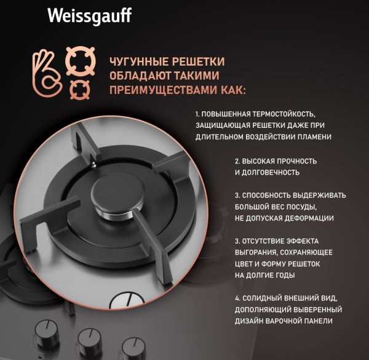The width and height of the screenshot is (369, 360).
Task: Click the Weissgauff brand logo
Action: (90, 16)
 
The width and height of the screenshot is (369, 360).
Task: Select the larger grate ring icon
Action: (81, 61)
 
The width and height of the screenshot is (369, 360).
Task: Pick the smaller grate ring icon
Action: (80, 90)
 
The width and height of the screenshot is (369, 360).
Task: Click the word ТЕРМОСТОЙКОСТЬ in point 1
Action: (284, 114)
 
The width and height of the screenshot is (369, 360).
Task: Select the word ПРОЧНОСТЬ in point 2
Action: (296, 162)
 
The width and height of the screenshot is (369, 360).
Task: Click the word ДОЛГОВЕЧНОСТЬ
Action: (271, 173)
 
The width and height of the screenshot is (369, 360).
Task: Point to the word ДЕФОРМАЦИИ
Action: (309, 218)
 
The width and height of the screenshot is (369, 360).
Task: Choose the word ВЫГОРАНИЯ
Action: (256, 252)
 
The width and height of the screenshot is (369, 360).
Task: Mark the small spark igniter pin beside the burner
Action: (94, 165)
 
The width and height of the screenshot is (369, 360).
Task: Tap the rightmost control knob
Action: (133, 348)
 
